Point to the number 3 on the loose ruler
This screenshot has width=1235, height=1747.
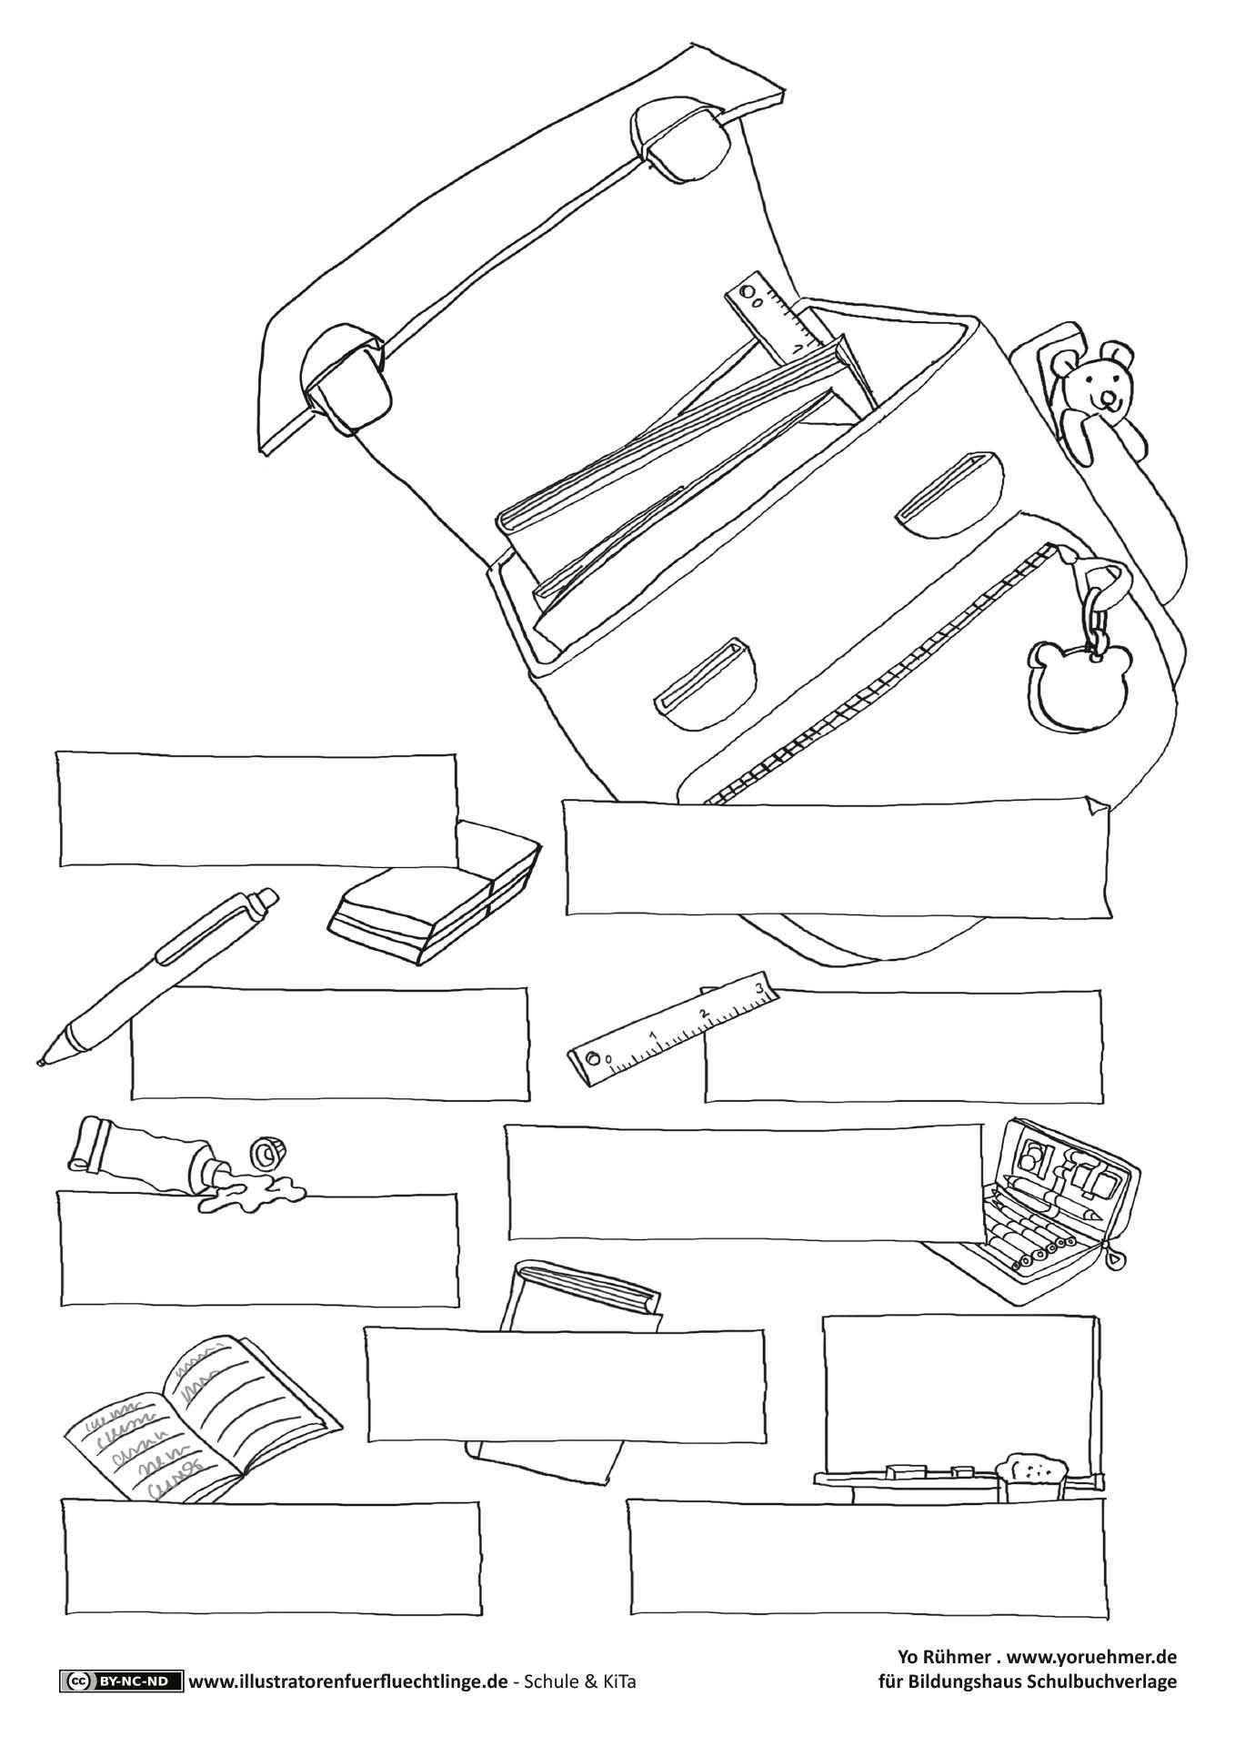click(x=758, y=988)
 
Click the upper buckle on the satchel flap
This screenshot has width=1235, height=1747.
click(x=684, y=142)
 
